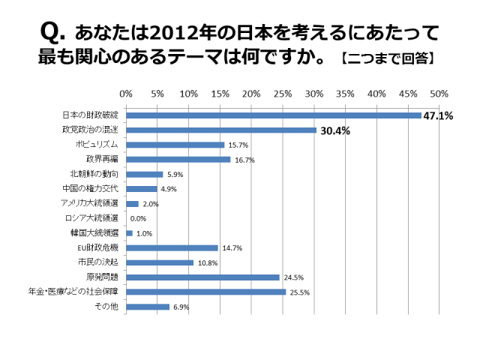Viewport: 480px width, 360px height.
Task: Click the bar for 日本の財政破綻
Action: coord(274,115)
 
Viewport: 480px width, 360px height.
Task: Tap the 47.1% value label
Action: coord(439,116)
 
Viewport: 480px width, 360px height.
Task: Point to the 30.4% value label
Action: coord(335,130)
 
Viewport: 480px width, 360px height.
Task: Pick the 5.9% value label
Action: coord(174,174)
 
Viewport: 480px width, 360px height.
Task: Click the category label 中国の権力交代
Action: coord(92,188)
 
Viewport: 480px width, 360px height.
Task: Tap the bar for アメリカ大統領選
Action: coord(132,203)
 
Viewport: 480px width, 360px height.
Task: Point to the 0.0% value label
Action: coord(138,218)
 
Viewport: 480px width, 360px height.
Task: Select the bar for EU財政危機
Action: coord(172,247)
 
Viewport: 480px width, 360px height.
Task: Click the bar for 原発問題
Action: coord(202,277)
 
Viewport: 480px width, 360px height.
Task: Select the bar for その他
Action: coord(148,306)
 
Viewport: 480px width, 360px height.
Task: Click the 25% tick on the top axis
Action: coord(283,94)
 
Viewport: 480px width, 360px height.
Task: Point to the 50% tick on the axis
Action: coord(439,94)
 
